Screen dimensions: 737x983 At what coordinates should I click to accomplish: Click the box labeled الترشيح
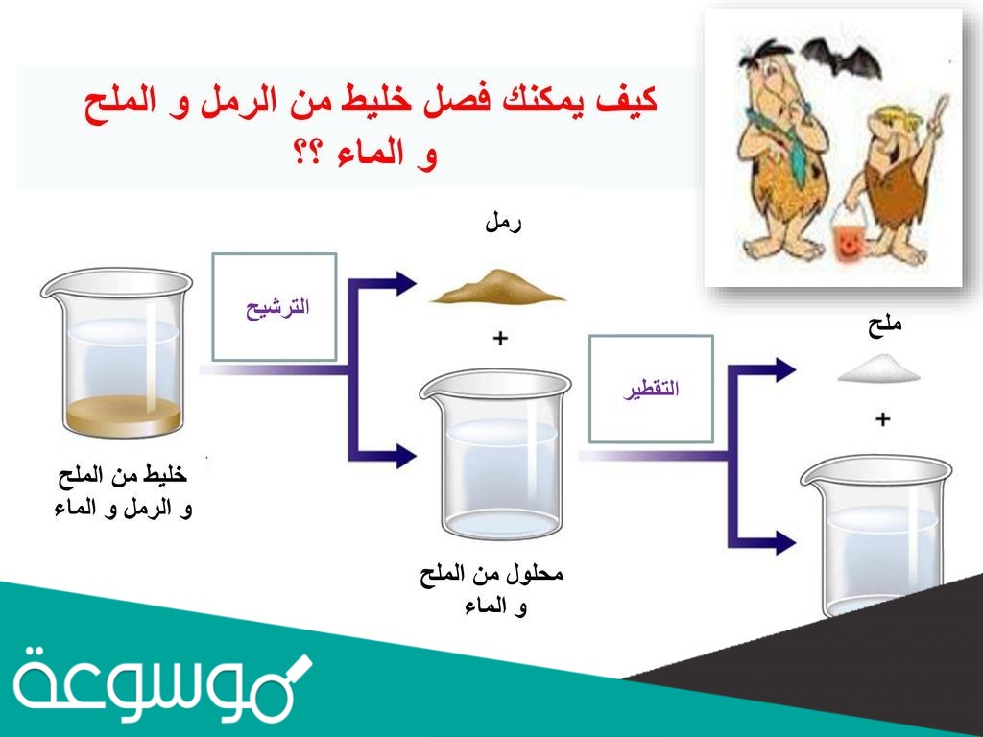point(274,307)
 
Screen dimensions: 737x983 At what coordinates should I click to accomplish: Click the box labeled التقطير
point(651,388)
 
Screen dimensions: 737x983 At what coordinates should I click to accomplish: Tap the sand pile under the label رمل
point(497,287)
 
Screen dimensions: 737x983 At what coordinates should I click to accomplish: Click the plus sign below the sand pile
point(499,339)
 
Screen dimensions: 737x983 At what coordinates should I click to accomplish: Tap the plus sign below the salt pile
point(882,418)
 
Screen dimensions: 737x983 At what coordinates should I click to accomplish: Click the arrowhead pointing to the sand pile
point(405,282)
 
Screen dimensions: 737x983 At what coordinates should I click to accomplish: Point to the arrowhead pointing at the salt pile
point(786,368)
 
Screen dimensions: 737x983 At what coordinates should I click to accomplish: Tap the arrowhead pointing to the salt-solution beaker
point(405,452)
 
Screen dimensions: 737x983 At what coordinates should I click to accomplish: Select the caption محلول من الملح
point(491,576)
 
